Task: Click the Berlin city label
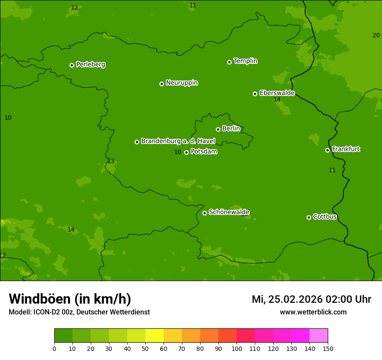pos(231,128)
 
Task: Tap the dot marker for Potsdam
pos(187,152)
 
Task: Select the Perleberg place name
pos(90,65)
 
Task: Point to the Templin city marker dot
pos(229,62)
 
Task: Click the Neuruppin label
pos(181,83)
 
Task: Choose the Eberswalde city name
pos(277,93)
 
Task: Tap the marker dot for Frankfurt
pos(327,150)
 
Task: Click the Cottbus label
pos(325,216)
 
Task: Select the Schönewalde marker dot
pos(204,213)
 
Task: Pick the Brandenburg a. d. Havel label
pos(178,141)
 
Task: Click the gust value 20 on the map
pos(376,35)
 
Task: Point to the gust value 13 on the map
pos(111,161)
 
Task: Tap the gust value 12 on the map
pos(74,7)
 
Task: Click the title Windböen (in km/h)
pos(70,299)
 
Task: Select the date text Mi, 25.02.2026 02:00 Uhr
pos(311,299)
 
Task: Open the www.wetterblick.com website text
pos(313,312)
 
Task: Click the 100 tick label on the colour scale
pos(237,349)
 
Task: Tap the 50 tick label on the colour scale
pos(145,349)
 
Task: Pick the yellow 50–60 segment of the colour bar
pos(155,336)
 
